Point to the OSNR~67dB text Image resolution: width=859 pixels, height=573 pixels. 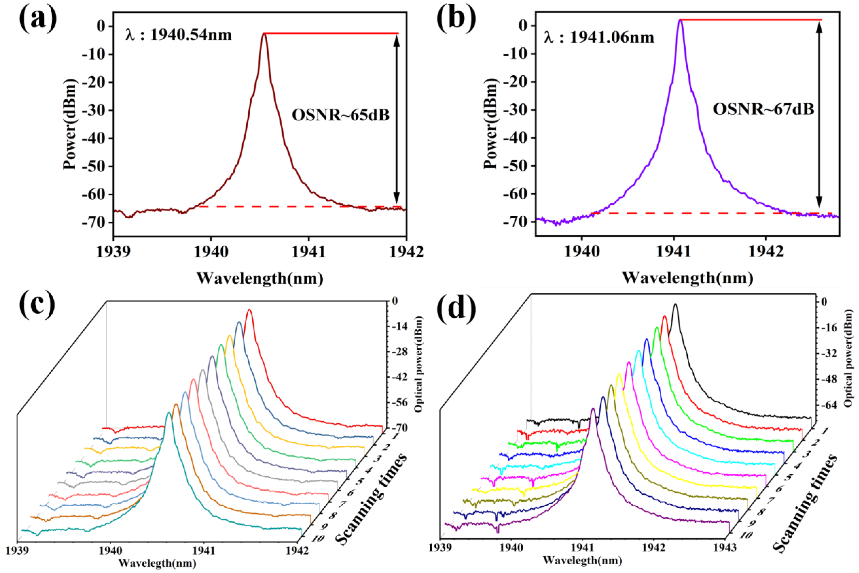point(763,109)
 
